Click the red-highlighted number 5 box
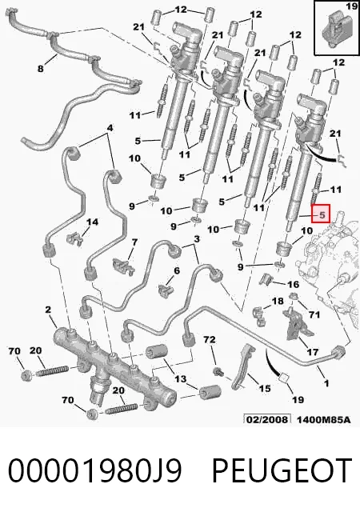[x=321, y=214]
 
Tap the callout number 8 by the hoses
[x=40, y=69]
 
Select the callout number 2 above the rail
[x=48, y=309]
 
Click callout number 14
[x=92, y=222]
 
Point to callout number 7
[x=134, y=242]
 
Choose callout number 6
[x=177, y=270]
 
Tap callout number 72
[x=210, y=339]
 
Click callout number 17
[x=312, y=352]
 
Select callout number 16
[x=293, y=284]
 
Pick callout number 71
[x=314, y=314]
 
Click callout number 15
[x=265, y=388]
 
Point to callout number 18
[x=278, y=301]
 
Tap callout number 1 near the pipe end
[x=326, y=383]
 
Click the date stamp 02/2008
[x=267, y=419]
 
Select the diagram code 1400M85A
[x=323, y=419]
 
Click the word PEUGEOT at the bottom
[x=282, y=470]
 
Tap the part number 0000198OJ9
[x=94, y=470]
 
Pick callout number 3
[x=196, y=239]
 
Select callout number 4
[x=110, y=128]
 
